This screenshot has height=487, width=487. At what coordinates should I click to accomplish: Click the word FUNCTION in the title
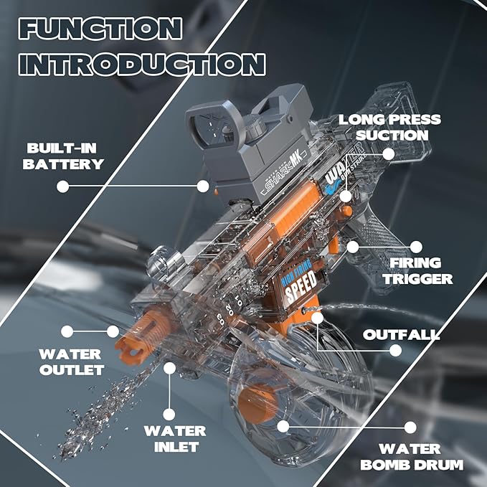tap(100, 29)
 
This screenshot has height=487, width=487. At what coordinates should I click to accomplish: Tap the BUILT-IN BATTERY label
tap(64, 156)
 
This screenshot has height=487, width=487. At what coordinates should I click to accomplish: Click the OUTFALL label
tap(401, 335)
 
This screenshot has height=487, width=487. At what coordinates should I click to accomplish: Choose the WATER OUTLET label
tap(71, 361)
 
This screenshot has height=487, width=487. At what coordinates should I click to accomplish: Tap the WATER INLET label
tap(174, 439)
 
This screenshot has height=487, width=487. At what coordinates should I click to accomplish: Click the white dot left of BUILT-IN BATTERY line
tap(63, 186)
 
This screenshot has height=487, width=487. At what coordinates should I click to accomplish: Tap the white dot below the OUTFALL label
tap(395, 351)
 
